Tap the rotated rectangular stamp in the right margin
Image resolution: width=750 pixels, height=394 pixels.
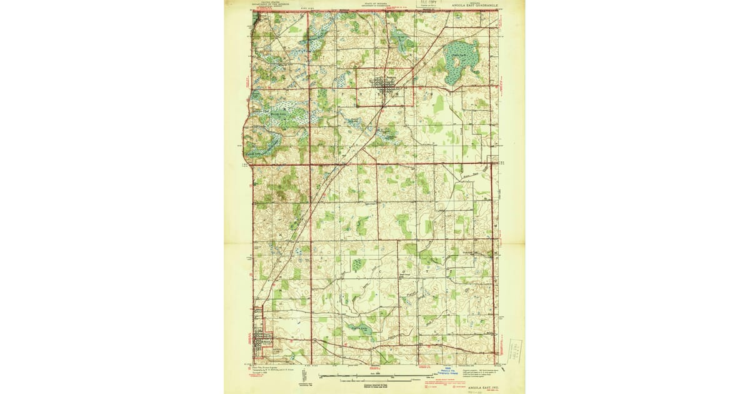(x=516, y=350)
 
